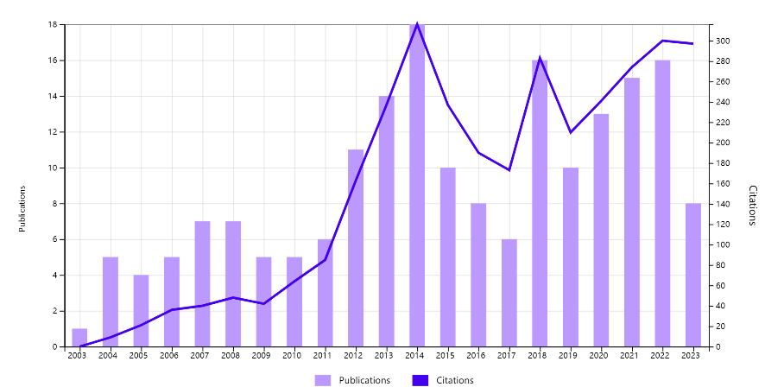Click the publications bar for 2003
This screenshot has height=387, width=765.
coord(79,338)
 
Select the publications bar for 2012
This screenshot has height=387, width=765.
coord(356,249)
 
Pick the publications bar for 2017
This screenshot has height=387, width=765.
coord(509,293)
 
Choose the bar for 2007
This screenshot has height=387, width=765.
coord(202,284)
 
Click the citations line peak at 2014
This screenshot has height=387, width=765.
coord(417,24)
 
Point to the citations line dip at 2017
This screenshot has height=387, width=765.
coord(509,170)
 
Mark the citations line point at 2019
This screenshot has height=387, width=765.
coord(570,132)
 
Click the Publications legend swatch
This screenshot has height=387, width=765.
coord(323,380)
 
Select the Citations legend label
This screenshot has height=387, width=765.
coord(454,380)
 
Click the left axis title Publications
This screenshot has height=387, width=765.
coord(23,208)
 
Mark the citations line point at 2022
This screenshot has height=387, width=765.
coord(662,41)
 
